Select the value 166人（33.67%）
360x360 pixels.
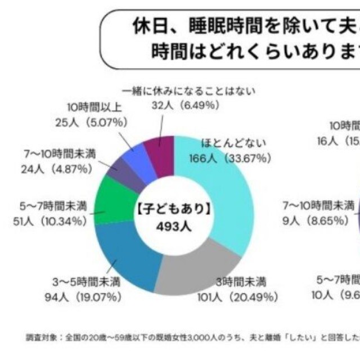click(225, 159)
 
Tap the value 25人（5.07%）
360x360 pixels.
click(91, 121)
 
